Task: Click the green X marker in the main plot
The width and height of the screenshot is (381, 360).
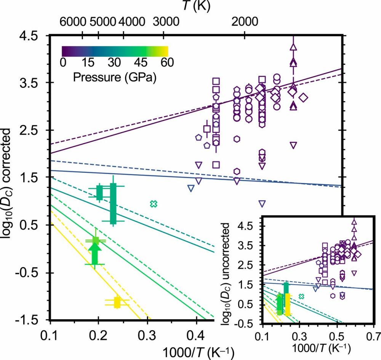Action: click(x=154, y=204)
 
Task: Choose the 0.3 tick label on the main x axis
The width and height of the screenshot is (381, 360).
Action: click(x=147, y=337)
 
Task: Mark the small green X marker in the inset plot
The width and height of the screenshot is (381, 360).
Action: click(x=301, y=296)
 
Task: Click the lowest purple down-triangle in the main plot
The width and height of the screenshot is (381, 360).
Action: click(x=262, y=203)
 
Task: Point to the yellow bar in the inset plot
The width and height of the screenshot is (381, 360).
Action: click(x=288, y=304)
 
